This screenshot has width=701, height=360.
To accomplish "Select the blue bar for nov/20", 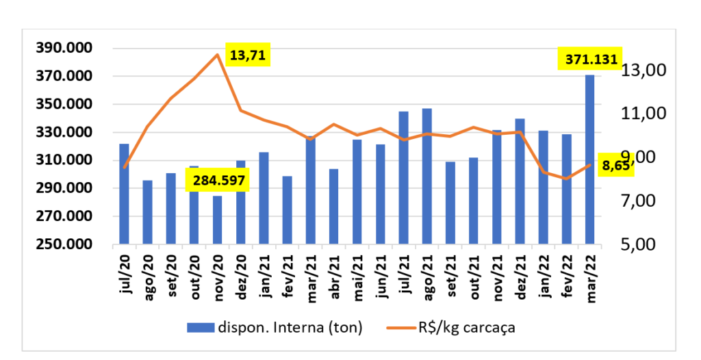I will pos(217,220).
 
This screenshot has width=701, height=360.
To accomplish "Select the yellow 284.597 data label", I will pos(220,181).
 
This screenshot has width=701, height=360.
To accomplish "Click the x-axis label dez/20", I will pos(240,277).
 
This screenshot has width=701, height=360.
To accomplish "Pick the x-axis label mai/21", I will pos(357,277).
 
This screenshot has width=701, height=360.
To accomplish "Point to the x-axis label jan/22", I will pos(543,277).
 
